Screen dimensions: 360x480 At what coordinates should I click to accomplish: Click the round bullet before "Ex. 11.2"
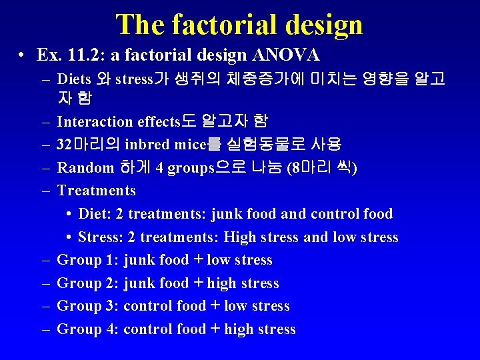(23, 54)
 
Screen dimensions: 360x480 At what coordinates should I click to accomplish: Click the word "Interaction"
(95, 121)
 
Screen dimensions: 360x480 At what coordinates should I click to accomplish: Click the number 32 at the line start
(65, 145)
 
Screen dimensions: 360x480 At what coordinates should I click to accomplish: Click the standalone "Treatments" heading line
(96, 191)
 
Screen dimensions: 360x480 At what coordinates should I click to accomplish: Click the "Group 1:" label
(88, 260)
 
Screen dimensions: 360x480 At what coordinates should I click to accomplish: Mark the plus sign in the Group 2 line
(197, 283)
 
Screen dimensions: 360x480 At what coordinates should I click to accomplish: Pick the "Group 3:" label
(88, 306)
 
